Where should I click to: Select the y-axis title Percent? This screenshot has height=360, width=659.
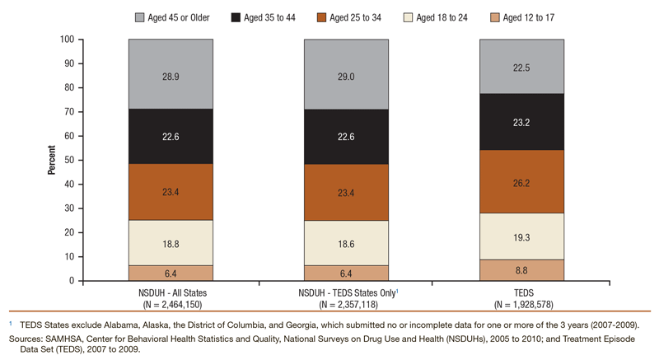tap(51, 160)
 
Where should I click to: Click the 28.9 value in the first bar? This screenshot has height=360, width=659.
tap(171, 74)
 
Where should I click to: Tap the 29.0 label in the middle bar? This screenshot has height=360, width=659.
tap(346, 74)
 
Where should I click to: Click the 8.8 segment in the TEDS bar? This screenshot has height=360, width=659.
tap(521, 270)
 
